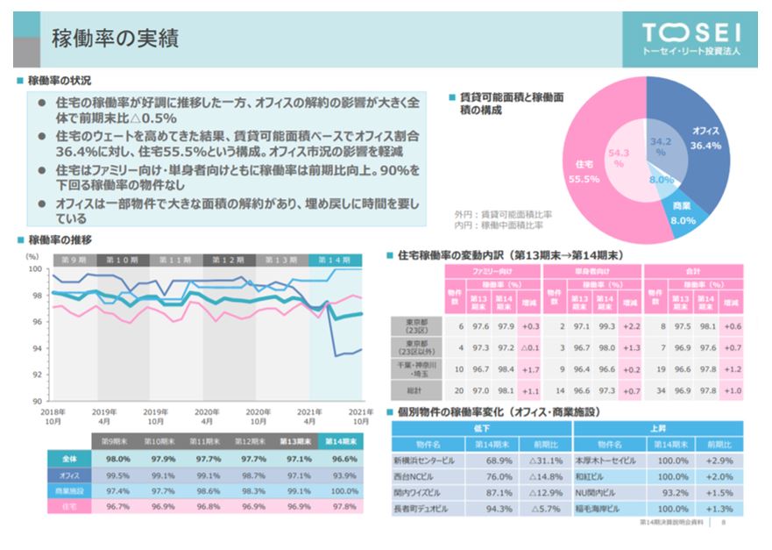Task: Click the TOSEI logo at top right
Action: coord(691,39)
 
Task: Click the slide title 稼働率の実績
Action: coord(116,38)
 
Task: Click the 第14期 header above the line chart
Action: coord(335,261)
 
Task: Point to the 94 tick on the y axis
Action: coord(34,348)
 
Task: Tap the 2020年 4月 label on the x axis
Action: coord(207,415)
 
